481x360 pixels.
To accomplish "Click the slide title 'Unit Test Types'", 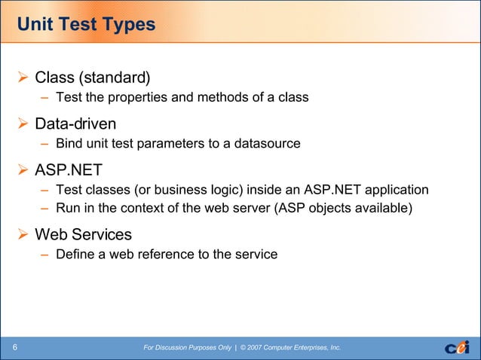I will click(86, 25).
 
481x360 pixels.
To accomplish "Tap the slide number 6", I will click(15, 347).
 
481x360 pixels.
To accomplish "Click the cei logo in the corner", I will click(456, 346).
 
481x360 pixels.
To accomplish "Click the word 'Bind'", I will click(69, 143).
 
